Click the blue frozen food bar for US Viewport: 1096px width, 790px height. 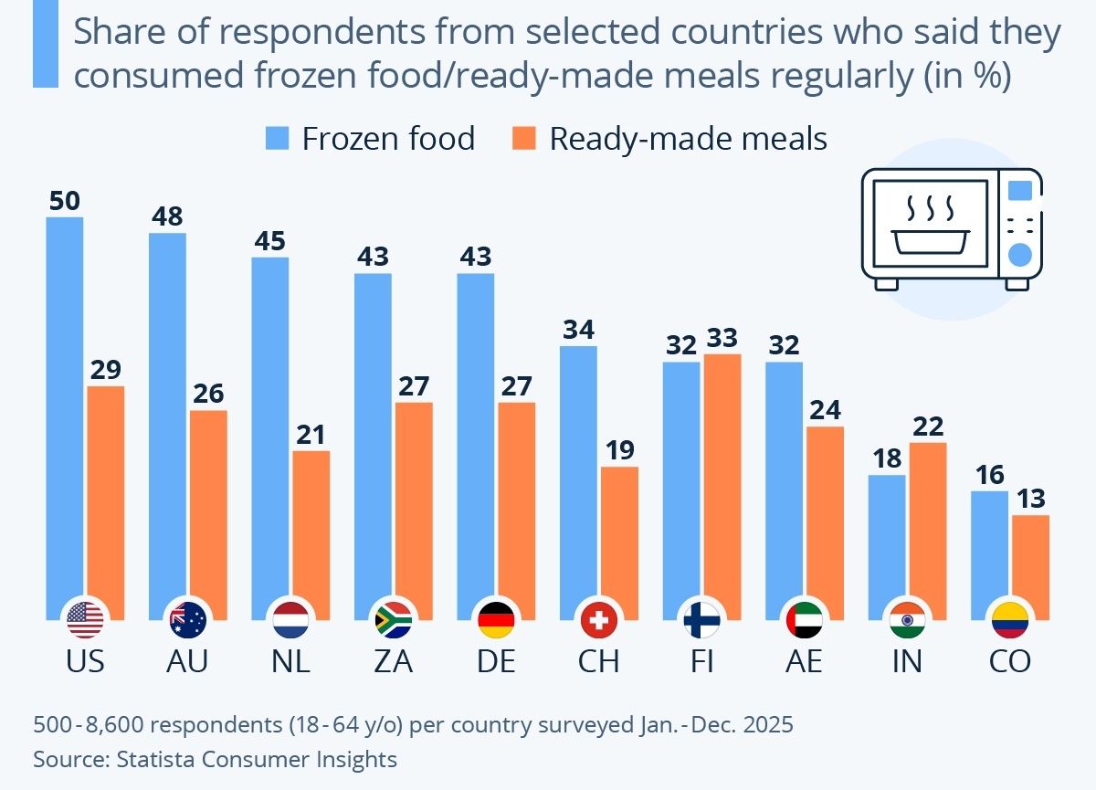[x=64, y=411]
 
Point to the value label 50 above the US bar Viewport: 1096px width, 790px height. [x=64, y=201]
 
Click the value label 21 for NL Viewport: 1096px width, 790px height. [x=311, y=435]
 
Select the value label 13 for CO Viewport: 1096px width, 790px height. [x=1030, y=499]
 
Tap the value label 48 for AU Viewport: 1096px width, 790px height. [x=167, y=216]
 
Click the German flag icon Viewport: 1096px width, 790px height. [x=496, y=621]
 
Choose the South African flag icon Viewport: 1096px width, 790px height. [x=394, y=621]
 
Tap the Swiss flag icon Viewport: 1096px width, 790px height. [x=599, y=621]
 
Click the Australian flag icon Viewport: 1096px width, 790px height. [x=188, y=621]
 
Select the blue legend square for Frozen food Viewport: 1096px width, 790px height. [x=277, y=139]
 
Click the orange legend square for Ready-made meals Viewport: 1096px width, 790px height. [x=524, y=139]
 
